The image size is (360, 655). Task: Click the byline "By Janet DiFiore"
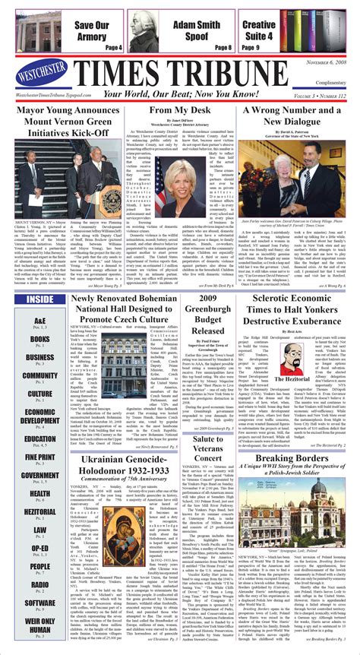point(179,122)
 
